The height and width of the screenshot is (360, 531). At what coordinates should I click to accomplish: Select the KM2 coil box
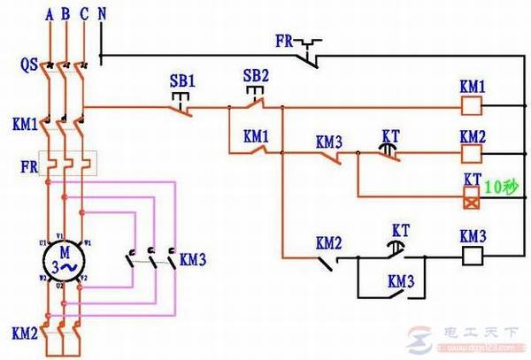tap(472, 155)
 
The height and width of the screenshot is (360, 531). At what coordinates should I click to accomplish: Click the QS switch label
tap(28, 65)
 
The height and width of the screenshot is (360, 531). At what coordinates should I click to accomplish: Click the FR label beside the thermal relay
tap(27, 165)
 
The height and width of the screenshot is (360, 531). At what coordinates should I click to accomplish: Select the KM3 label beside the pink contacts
tap(192, 260)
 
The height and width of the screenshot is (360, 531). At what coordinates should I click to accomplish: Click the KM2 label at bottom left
tap(24, 335)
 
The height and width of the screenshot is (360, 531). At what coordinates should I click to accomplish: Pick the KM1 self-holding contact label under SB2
tap(255, 137)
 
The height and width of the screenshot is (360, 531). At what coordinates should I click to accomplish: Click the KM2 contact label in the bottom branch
tap(328, 241)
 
